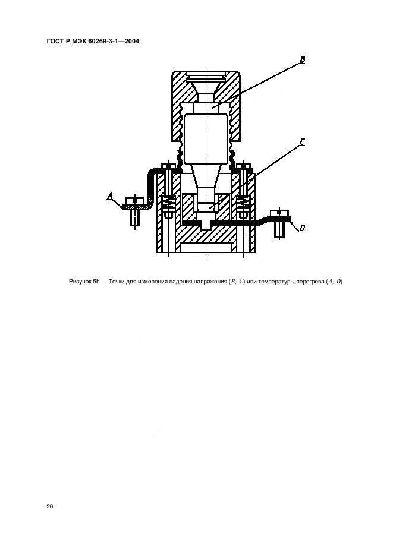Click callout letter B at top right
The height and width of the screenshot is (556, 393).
coord(302,60)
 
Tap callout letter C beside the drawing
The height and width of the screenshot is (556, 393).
coord(302,142)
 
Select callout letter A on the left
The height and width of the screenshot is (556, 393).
coord(110,197)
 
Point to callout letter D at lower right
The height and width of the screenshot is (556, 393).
coord(302,228)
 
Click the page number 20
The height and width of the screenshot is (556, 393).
coord(50,506)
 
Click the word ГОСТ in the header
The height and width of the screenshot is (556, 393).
coord(55,41)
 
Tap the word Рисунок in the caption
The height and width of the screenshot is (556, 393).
coord(80,282)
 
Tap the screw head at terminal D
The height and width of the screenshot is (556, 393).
coord(280,213)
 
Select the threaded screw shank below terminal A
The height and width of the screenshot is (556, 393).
coord(135,217)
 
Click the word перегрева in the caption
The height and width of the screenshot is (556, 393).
coord(310,282)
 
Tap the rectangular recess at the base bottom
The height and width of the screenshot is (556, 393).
coord(206,248)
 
